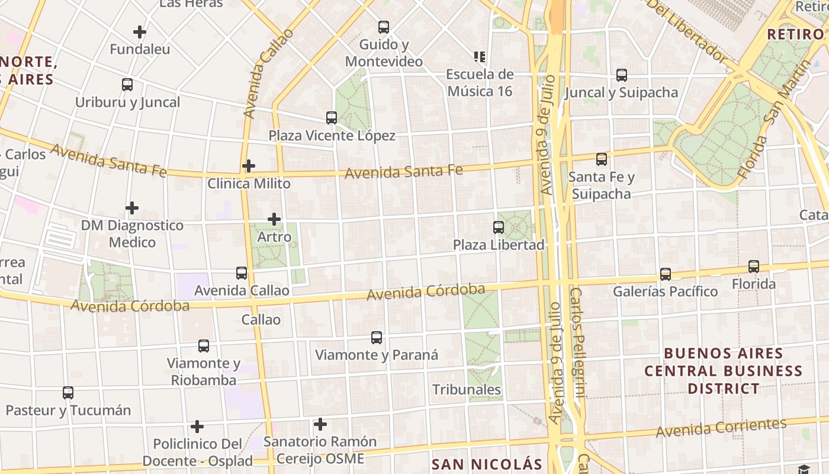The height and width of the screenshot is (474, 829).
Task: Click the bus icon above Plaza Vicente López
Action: click(x=332, y=118)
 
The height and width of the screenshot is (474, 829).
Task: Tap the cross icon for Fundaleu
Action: click(x=140, y=32)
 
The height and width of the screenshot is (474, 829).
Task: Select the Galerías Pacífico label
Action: click(x=665, y=292)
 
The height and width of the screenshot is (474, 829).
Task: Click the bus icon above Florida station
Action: click(x=754, y=267)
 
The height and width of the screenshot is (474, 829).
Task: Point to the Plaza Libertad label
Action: click(x=499, y=245)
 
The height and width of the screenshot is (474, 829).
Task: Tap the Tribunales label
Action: click(x=467, y=390)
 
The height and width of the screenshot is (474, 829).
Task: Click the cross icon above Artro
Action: click(x=274, y=219)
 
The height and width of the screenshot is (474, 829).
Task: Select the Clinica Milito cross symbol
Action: click(x=249, y=166)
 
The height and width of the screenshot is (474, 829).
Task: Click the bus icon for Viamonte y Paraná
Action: click(x=377, y=338)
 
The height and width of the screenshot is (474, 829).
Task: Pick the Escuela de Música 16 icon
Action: click(x=480, y=57)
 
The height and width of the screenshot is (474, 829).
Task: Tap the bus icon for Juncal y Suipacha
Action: click(x=622, y=75)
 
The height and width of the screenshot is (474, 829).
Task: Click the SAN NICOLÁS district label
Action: click(x=487, y=465)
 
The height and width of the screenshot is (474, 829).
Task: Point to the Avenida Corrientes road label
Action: click(x=721, y=428)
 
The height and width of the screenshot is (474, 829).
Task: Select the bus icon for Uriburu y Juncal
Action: click(x=127, y=85)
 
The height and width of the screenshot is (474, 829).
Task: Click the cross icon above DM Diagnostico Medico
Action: click(x=132, y=208)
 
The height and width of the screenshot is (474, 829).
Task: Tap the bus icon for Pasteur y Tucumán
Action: click(x=68, y=392)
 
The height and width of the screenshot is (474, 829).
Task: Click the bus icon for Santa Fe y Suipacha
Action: click(x=602, y=159)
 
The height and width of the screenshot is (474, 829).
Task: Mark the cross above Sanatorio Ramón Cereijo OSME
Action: click(x=320, y=424)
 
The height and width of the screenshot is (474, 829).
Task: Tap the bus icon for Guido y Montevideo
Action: click(x=384, y=27)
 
